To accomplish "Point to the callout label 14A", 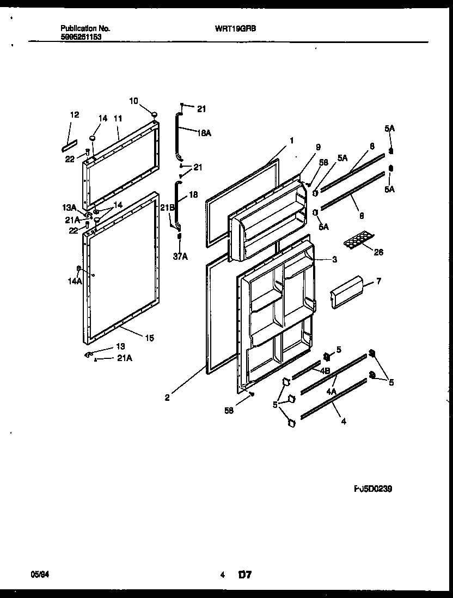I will pyautogui.click(x=75, y=281).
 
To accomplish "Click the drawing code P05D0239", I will pyautogui.click(x=373, y=489).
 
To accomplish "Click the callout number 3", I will pyautogui.click(x=334, y=260).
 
